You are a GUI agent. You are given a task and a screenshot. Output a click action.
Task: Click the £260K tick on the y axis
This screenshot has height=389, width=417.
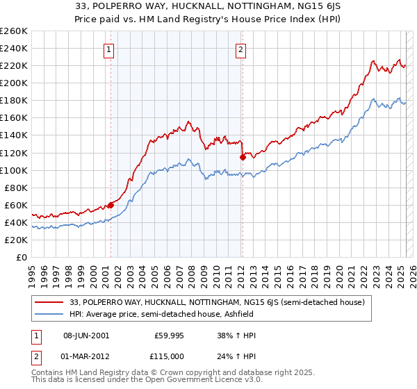(14, 31)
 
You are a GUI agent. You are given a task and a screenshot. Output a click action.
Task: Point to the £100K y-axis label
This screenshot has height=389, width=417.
(14, 170)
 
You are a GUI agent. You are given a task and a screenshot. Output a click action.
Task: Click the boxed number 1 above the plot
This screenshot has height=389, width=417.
(110, 49)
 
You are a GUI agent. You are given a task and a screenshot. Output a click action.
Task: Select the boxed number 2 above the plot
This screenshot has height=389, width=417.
(240, 49)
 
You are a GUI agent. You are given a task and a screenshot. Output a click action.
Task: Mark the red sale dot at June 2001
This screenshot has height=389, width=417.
(111, 205)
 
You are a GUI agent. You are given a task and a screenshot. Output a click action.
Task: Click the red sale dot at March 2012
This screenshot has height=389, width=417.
(243, 157)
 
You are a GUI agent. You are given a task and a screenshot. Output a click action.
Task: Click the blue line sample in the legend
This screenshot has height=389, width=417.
(50, 314)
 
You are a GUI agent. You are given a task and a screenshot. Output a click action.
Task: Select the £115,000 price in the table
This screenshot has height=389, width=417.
(169, 356)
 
